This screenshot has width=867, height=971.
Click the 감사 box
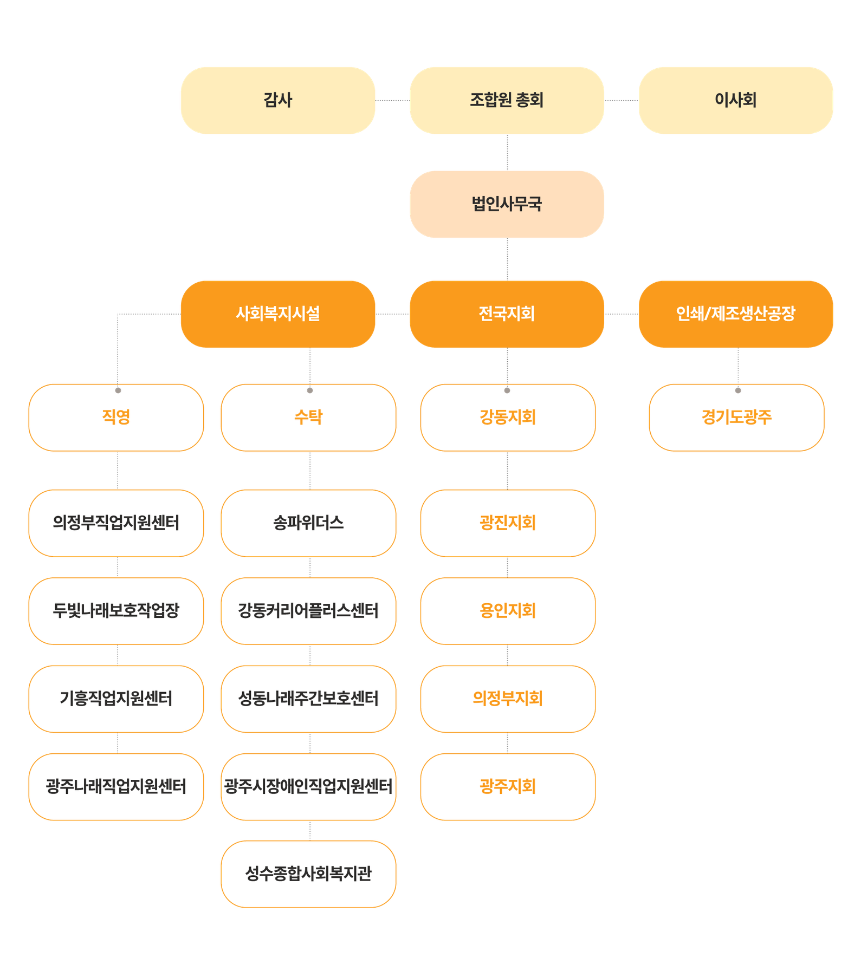pyautogui.click(x=277, y=100)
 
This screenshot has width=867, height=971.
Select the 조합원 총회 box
pyautogui.click(x=507, y=100)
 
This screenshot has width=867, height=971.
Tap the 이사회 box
pyautogui.click(x=735, y=100)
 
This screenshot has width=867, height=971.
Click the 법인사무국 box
pyautogui.click(x=507, y=204)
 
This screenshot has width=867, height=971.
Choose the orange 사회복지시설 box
pyautogui.click(x=277, y=314)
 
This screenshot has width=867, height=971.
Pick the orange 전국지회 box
pyautogui.click(x=507, y=314)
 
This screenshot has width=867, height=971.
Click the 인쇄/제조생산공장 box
pyautogui.click(x=735, y=314)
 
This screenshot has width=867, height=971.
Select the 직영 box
pyautogui.click(x=116, y=418)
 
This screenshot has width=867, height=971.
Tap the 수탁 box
pyautogui.click(x=308, y=418)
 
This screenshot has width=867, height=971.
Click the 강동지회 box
pyautogui.click(x=508, y=418)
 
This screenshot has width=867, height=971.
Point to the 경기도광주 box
pyautogui.click(x=736, y=418)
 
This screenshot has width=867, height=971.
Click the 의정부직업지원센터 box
pyautogui.click(x=116, y=523)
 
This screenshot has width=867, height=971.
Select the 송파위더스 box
pyautogui.click(x=308, y=523)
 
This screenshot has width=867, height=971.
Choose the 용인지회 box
pyautogui.click(x=508, y=611)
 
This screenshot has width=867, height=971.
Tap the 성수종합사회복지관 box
pyautogui.click(x=308, y=874)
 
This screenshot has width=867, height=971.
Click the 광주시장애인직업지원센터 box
pyautogui.click(x=308, y=786)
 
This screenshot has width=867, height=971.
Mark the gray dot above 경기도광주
pyautogui.click(x=737, y=390)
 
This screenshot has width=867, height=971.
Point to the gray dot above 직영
pyautogui.click(x=118, y=390)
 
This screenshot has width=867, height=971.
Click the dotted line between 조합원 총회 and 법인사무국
pyautogui.click(x=507, y=153)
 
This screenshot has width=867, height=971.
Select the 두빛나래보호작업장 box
pyautogui.click(x=116, y=611)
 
